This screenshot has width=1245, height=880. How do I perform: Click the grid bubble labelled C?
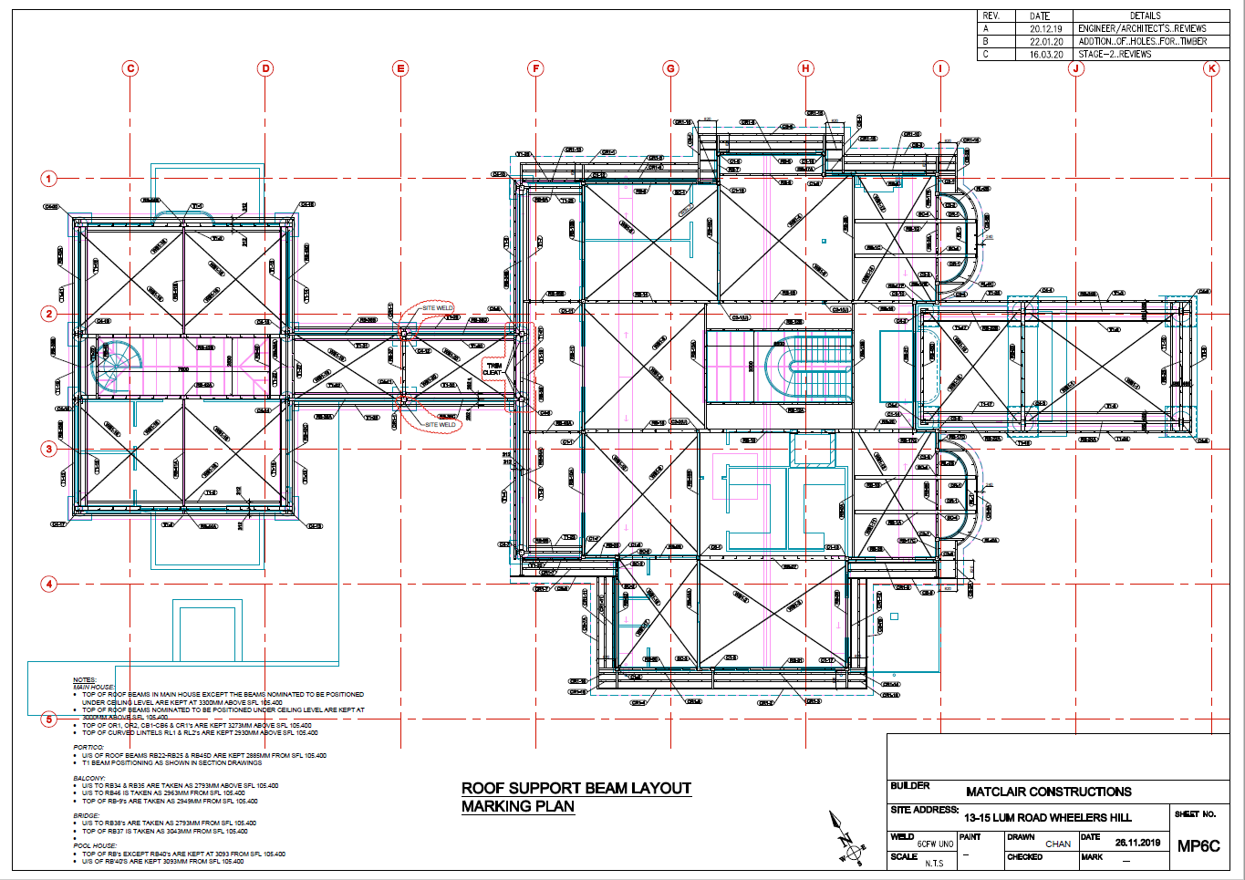pos(130,68)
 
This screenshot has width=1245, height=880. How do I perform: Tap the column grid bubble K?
pos(1211,68)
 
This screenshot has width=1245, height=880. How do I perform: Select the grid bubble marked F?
pos(535,68)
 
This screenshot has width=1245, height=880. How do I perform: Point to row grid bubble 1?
pos(49,179)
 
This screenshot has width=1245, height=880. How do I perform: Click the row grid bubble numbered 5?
pos(49,720)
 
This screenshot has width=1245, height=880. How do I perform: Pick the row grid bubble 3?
pos(49,449)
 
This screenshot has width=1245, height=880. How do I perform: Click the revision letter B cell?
pos(985,41)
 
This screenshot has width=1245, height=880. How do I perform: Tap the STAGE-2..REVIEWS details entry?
pos(1115,54)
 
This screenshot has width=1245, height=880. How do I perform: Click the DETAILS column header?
pos(1145,16)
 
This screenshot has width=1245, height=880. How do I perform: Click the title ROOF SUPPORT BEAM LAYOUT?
pos(576,788)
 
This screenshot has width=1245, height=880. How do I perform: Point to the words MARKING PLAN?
pos(517,806)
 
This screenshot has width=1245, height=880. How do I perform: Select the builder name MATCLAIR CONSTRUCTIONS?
pos(1048,792)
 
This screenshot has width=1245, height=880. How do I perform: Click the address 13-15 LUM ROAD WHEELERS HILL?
pos(1047,817)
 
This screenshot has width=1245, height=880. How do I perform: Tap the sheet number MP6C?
pos(1198,845)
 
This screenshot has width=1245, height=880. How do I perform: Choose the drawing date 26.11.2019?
pos(1137,843)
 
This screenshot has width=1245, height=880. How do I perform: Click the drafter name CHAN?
pos(1057,844)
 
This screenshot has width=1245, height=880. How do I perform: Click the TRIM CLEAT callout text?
pos(493,369)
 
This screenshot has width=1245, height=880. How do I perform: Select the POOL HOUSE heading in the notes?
pos(95,845)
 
